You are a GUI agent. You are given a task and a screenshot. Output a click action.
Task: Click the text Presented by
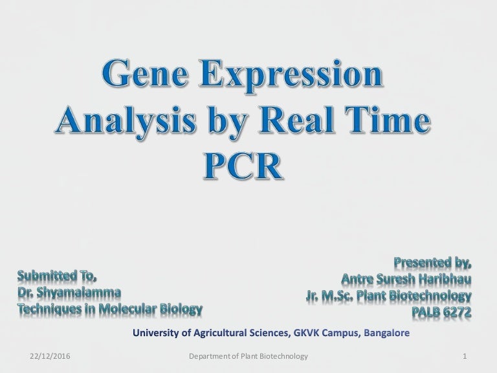click(432, 264)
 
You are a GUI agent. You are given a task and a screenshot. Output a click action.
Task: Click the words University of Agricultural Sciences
click(212, 334)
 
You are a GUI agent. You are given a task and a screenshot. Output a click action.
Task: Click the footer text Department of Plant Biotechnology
click(247, 357)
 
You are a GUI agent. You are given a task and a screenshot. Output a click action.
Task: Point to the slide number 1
click(466, 357)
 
